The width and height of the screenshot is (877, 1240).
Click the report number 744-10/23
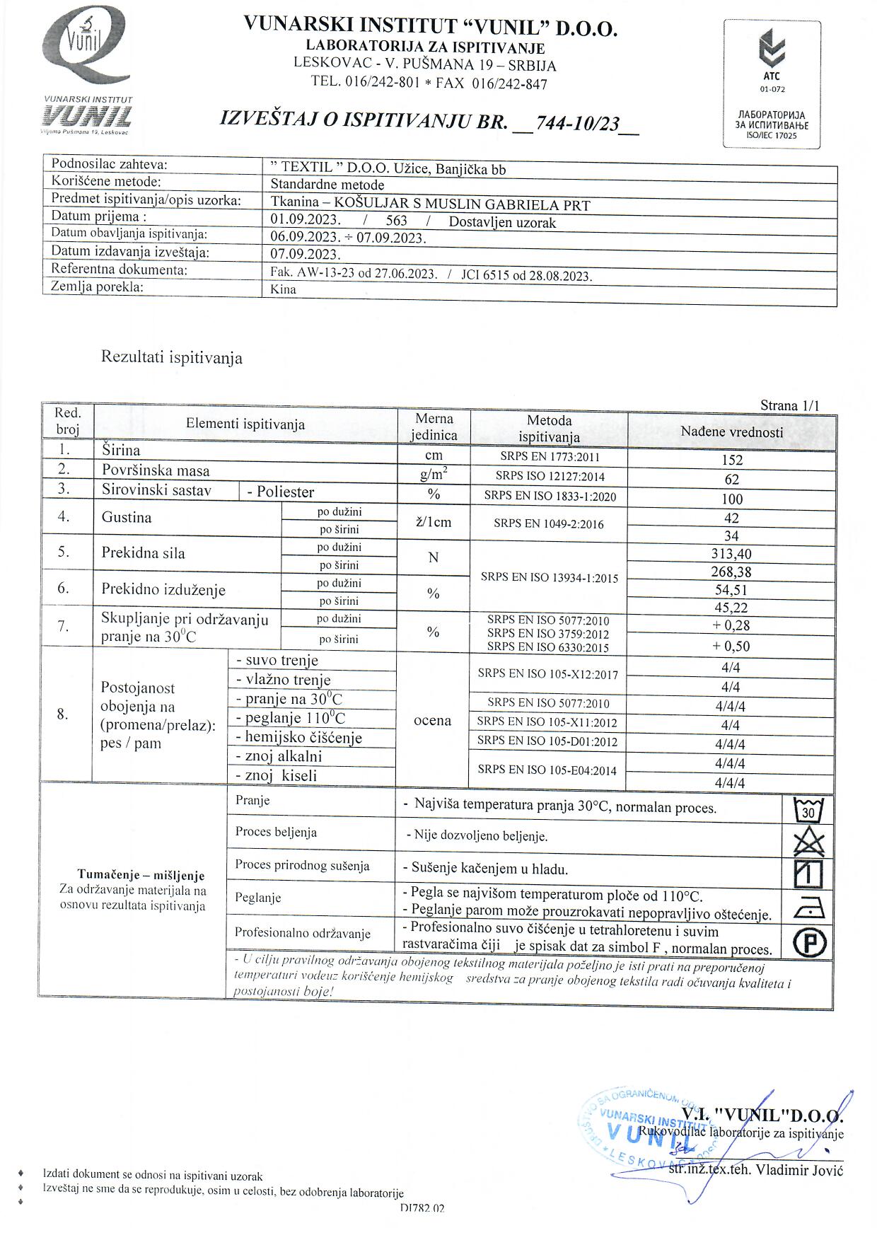578,124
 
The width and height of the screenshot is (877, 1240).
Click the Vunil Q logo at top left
87,53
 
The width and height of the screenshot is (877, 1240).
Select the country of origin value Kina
284,289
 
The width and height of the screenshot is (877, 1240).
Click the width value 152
731,460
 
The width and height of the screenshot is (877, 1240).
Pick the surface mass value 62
731,480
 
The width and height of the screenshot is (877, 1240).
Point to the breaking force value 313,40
731,554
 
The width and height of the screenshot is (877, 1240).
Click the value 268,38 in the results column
731,572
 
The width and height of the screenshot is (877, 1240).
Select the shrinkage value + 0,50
731,646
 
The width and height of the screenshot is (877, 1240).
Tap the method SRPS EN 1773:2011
549,457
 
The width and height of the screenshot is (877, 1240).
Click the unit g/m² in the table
434,475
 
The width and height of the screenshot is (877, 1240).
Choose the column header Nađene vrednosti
731,431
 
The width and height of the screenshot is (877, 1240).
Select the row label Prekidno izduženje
163,589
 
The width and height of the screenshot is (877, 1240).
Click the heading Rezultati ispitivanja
172,357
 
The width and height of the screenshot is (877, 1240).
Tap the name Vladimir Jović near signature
799,1169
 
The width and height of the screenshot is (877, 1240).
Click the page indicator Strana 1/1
789,405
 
